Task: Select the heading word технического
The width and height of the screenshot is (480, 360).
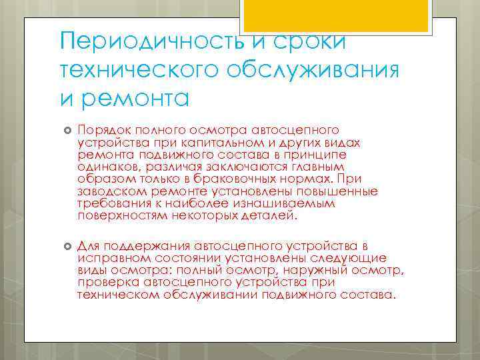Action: [x=151, y=69]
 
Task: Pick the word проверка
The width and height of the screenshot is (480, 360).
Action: [x=105, y=283]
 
